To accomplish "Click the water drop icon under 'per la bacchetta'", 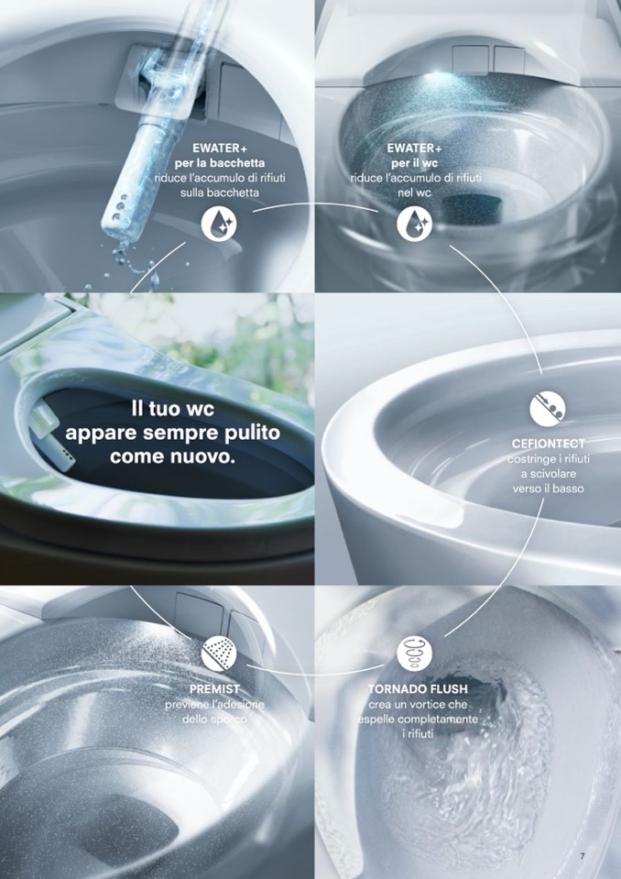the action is (x=219, y=224).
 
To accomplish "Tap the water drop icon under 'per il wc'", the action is (x=414, y=224).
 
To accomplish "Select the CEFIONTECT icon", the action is (x=547, y=409).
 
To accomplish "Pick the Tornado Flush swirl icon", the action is (x=414, y=654).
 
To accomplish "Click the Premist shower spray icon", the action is (x=219, y=654).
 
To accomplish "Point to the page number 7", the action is (x=583, y=856).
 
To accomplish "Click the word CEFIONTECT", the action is (x=549, y=444).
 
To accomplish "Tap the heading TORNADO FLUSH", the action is (x=418, y=688).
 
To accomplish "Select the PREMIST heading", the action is (x=214, y=688).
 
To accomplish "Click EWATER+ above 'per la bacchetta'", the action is (x=220, y=148).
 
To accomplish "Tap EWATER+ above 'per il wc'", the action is (x=414, y=148).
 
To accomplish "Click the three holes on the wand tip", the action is (x=120, y=207).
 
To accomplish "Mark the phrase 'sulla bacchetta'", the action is (x=220, y=192).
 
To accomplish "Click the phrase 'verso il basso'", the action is (x=549, y=489).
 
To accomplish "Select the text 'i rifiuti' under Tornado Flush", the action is (x=418, y=733).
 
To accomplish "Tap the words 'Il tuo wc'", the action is (x=172, y=409).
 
